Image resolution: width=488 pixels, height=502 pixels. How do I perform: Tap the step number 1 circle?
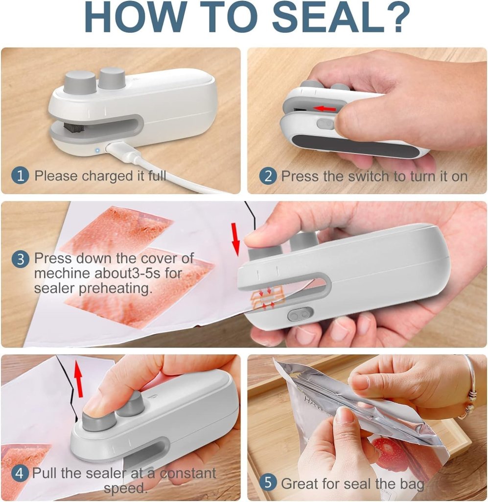(x=20, y=176)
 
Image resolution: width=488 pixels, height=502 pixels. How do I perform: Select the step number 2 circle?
(x=267, y=176)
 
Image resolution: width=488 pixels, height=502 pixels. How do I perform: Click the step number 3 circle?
(x=20, y=259)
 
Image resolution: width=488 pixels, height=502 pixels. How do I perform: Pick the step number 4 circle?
(x=20, y=474)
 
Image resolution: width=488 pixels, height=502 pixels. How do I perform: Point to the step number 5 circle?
(x=267, y=482)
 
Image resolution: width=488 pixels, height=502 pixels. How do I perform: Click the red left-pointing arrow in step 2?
(x=325, y=107)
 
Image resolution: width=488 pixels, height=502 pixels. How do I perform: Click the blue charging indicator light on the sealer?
(x=97, y=150)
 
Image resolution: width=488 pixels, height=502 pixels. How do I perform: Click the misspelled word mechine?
(x=62, y=273)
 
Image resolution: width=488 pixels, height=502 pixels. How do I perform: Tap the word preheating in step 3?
(x=117, y=288)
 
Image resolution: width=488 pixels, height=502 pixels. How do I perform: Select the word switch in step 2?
(x=367, y=176)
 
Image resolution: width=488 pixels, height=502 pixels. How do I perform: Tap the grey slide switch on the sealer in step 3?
(x=300, y=315)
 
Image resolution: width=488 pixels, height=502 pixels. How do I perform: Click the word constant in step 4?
(x=188, y=474)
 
